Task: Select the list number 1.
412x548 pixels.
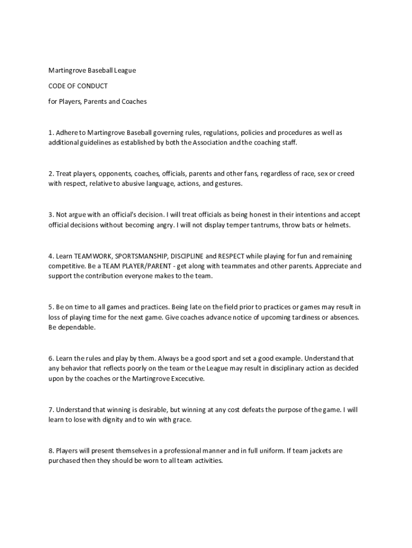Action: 50,132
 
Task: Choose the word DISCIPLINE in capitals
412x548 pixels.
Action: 187,256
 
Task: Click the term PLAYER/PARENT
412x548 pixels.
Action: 146,267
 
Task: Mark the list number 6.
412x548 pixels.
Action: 50,358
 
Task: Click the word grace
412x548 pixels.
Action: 180,420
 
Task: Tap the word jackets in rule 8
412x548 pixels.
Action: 316,451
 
